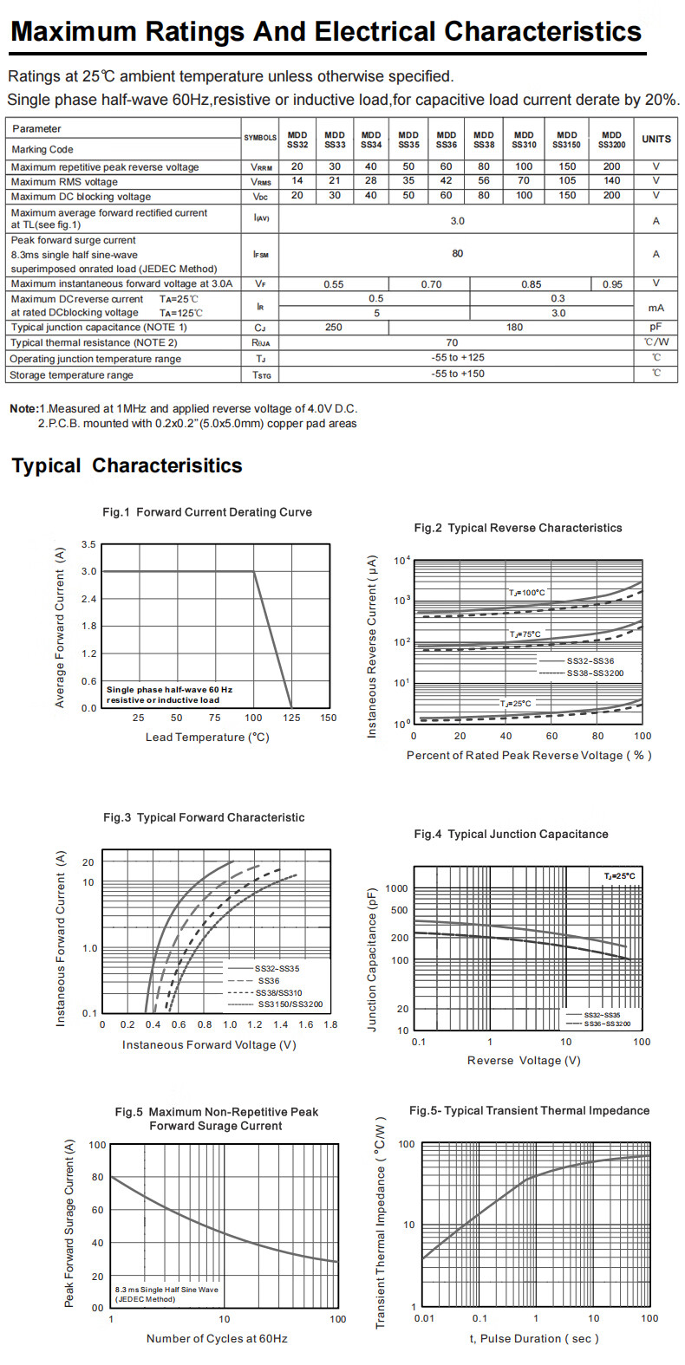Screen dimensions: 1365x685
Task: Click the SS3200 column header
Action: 611,140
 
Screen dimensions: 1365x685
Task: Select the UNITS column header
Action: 656,139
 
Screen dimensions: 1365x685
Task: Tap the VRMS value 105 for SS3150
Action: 567,181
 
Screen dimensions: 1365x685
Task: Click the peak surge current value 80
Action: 457,254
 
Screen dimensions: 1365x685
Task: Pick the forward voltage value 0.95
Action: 612,284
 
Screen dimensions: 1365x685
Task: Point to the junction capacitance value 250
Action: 333,328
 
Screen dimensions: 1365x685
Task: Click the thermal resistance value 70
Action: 452,343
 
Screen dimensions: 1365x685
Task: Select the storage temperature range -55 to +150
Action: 458,374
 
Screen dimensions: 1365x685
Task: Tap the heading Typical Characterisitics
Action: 127,465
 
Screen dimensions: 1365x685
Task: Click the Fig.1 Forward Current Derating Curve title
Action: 207,512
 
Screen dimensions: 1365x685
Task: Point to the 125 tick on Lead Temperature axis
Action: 291,718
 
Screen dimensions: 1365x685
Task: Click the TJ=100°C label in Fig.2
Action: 527,593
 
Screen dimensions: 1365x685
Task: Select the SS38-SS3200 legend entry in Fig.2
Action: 595,673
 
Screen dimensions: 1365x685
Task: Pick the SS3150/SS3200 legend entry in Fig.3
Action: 290,1004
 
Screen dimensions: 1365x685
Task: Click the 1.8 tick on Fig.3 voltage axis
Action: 330,1024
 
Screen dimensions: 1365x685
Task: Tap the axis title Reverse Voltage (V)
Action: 524,1061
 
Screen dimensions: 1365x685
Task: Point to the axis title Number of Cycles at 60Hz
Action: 217,1339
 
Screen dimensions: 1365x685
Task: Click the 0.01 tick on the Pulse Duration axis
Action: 424,1318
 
